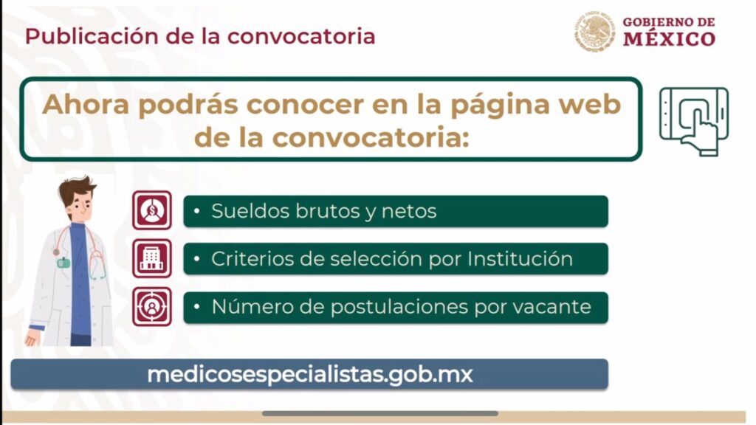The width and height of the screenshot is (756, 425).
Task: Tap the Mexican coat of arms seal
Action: [594, 31]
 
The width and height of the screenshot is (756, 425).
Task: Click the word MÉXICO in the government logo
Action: [669, 38]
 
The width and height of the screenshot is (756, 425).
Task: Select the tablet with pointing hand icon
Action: [694, 121]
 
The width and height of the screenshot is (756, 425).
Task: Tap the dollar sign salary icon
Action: [152, 210]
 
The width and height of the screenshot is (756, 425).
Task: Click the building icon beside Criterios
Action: [152, 258]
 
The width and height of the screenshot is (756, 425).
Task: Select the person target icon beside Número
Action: [152, 306]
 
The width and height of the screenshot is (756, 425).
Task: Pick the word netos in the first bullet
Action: [409, 212]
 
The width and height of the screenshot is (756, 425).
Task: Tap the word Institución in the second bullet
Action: [520, 259]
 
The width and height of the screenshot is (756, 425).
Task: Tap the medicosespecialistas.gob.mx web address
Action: [309, 374]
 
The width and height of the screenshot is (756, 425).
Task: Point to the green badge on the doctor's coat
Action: [63, 263]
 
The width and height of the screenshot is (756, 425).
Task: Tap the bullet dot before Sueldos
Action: [196, 210]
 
